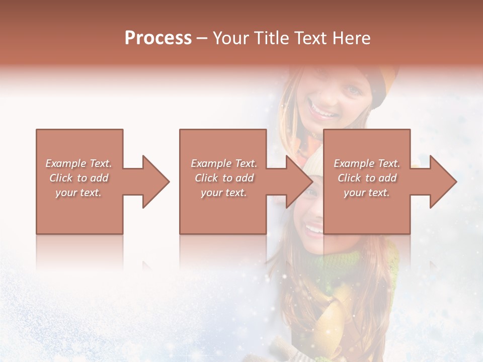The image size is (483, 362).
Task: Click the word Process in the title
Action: click(158, 38)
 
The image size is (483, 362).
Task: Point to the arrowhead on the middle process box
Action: click(299, 182)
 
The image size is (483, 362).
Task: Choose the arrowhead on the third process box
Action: click(443, 182)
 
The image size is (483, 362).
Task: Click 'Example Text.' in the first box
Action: click(79, 163)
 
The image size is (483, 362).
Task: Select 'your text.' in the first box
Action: click(79, 193)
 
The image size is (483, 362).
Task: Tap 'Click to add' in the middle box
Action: click(224, 178)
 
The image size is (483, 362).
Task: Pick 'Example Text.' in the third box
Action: click(367, 163)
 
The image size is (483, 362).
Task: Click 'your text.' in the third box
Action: click(367, 193)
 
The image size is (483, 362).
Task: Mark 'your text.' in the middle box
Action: click(224, 193)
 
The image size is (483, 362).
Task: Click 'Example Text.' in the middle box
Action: click(224, 163)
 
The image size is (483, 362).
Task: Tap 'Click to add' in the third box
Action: click(367, 178)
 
